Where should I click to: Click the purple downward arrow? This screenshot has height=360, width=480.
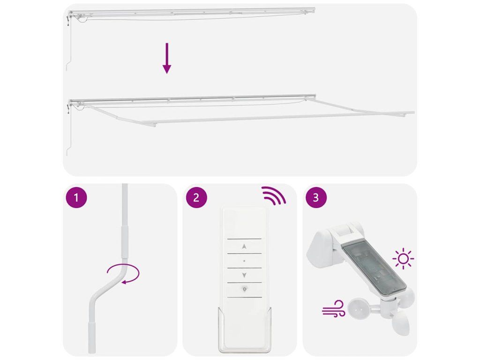tap(166, 58)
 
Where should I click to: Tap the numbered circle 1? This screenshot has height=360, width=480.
tap(76, 197)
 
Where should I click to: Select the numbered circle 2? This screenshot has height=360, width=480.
tap(196, 197)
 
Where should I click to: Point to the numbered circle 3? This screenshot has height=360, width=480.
tap(316, 197)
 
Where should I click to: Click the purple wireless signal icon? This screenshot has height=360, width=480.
tap(273, 195)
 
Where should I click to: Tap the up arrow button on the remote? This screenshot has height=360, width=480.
tap(244, 246)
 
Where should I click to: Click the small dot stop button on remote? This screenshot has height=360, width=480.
tap(244, 261)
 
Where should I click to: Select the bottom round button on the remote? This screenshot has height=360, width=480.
tap(244, 289)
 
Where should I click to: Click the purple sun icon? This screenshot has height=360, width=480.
tap(403, 259)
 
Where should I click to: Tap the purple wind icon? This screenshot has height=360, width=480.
tap(333, 308)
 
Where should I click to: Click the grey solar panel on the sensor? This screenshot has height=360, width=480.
tap(374, 270)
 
